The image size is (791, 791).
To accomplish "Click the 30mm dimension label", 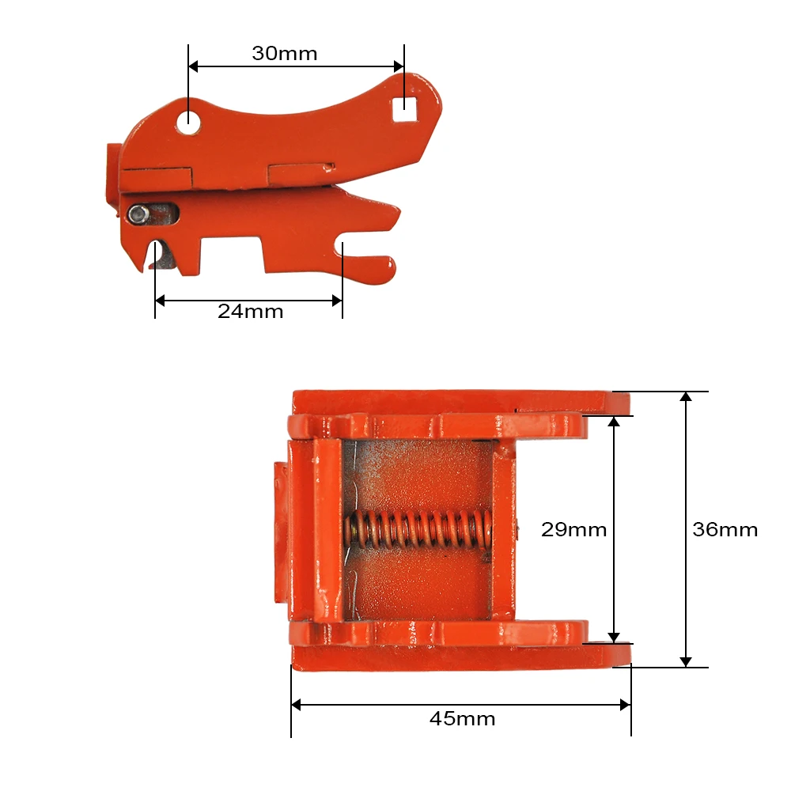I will click(284, 54).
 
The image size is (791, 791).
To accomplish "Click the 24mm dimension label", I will click(250, 311).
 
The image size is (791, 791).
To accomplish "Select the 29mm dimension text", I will click(573, 529).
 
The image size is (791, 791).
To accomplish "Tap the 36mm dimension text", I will click(725, 529).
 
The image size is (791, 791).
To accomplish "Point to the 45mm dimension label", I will click(462, 718).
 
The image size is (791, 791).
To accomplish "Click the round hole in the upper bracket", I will click(188, 122).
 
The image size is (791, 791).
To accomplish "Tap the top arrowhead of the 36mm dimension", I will click(686, 397).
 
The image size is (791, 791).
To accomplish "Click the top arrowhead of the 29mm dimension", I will click(614, 422).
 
